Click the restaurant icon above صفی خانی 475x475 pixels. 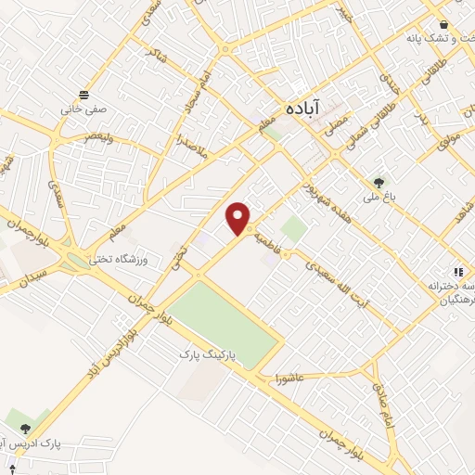point(85,95)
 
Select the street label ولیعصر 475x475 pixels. point(98,136)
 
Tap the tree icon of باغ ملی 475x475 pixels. point(378,182)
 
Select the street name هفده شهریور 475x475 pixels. point(321,185)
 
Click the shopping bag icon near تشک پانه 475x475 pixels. point(444,24)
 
